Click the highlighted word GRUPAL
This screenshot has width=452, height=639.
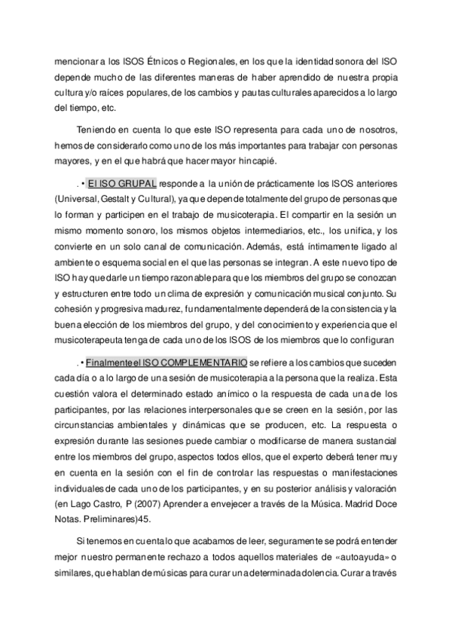[x=136, y=182]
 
